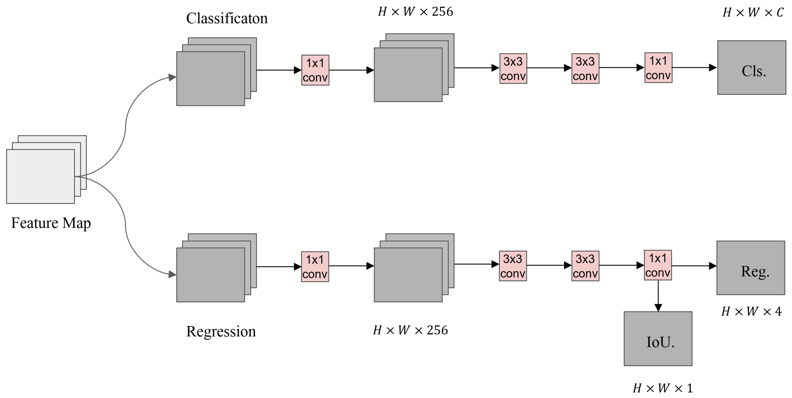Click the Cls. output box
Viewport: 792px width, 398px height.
tap(751, 68)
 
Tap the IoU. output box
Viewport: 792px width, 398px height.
tap(658, 339)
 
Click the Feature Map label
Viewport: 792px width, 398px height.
tap(51, 223)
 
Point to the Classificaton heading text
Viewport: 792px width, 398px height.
tap(227, 19)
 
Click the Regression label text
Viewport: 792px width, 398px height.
tap(221, 331)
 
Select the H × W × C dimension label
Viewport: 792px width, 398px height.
tap(753, 13)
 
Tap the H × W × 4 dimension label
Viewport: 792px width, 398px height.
tap(751, 312)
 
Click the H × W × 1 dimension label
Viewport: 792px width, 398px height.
tap(663, 388)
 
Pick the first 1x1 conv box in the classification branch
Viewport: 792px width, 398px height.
tap(315, 70)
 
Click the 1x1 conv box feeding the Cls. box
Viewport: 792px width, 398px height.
tap(658, 68)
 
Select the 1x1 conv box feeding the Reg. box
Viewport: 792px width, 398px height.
tap(658, 265)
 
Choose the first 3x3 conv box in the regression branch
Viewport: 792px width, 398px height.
tap(513, 266)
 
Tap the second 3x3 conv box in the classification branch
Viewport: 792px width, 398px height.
tap(585, 69)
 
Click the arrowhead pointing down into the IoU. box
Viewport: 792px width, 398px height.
tap(658, 308)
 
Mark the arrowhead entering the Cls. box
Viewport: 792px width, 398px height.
tap(713, 68)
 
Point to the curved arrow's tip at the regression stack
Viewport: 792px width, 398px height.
tap(173, 274)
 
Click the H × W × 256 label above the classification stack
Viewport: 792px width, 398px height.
tap(415, 12)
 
